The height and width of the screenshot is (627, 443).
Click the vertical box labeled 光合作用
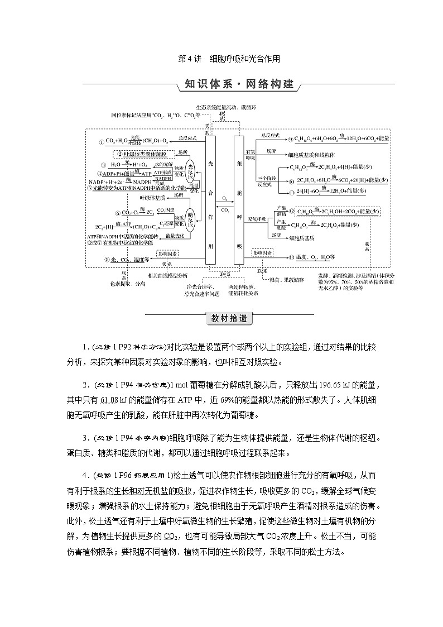tap(210, 199)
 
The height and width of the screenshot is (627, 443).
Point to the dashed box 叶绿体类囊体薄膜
tap(142, 154)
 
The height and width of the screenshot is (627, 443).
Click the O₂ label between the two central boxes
tap(225, 197)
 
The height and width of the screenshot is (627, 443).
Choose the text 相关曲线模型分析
tap(168, 276)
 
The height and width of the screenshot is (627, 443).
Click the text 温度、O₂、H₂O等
tap(316, 257)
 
